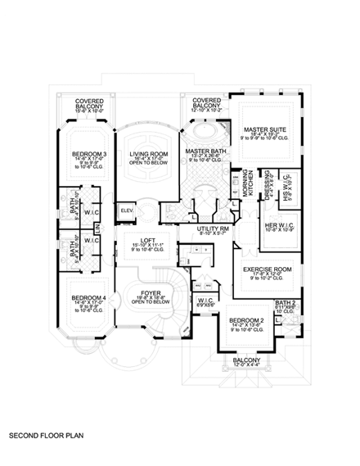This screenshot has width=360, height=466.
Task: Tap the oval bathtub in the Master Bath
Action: point(202,132)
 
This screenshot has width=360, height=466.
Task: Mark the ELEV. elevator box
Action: point(127,210)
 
